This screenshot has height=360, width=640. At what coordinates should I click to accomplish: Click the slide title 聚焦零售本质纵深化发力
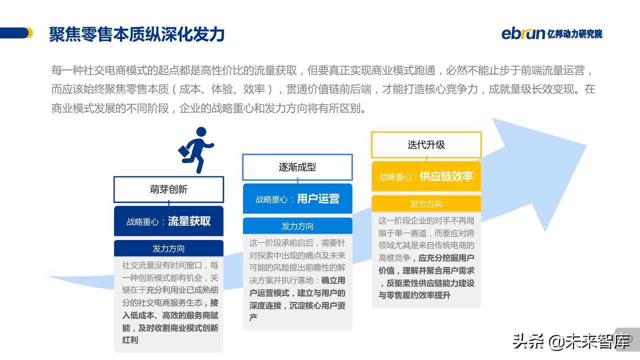pyautogui.click(x=136, y=34)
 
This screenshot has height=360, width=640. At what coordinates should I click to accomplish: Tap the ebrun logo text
pyautogui.click(x=523, y=33)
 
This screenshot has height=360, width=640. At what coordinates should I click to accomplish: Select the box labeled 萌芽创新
pyautogui.click(x=168, y=189)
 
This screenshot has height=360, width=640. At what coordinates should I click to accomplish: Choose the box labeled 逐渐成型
pyautogui.click(x=297, y=167)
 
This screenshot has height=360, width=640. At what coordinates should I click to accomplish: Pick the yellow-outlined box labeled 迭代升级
pyautogui.click(x=426, y=144)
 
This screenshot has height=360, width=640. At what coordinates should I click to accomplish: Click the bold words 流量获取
pyautogui.click(x=189, y=221)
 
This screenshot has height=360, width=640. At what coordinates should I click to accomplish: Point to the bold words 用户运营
pyautogui.click(x=318, y=199)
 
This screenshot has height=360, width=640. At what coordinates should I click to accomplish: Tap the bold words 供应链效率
pyautogui.click(x=446, y=176)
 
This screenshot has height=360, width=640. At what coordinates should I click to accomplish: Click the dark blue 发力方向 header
pyautogui.click(x=168, y=248)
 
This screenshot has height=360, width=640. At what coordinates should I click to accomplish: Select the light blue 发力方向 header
pyautogui.click(x=297, y=226)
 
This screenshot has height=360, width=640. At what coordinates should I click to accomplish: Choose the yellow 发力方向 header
pyautogui.click(x=426, y=203)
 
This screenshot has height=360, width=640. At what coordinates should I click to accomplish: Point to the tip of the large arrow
pyautogui.click(x=585, y=145)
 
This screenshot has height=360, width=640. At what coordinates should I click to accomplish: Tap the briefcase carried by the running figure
pyautogui.click(x=184, y=150)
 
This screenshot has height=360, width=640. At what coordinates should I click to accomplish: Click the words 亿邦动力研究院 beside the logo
pyautogui.click(x=575, y=34)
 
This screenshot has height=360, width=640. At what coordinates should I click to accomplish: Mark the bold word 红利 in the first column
pyautogui.click(x=130, y=340)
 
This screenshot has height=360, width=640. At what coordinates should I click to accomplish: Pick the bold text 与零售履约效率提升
pyautogui.click(x=414, y=295)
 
